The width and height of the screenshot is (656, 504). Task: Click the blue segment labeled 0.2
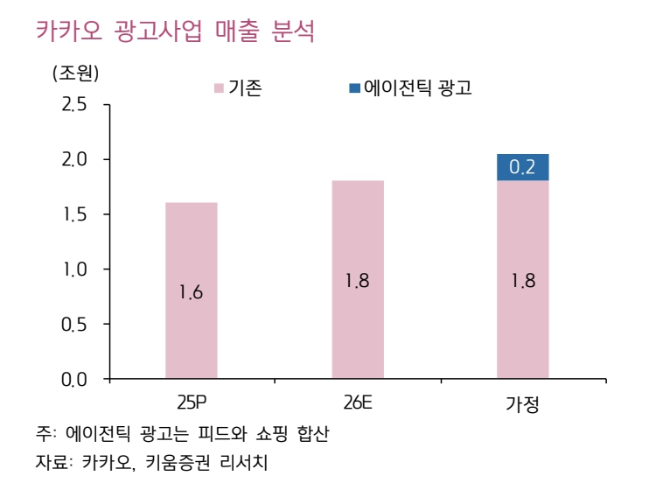522,167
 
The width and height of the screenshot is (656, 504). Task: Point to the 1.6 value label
191,293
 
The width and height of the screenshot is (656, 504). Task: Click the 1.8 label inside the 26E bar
357,282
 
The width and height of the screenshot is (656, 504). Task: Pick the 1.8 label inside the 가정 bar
522,282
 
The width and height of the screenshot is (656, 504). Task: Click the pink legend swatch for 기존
220,88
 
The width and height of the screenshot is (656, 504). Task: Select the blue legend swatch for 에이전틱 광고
354,88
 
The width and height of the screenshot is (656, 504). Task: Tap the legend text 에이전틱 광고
417,87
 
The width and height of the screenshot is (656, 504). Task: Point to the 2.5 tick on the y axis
75,105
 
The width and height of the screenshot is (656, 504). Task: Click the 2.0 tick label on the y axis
75,160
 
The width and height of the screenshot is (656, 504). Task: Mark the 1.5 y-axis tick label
75,215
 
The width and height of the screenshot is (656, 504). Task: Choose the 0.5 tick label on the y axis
75,325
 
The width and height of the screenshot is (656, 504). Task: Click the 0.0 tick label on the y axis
75,380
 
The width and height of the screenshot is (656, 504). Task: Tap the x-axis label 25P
191,403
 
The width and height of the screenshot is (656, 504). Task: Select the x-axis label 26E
357,403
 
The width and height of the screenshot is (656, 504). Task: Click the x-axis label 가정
522,404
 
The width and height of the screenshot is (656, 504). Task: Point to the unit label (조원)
75,74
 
